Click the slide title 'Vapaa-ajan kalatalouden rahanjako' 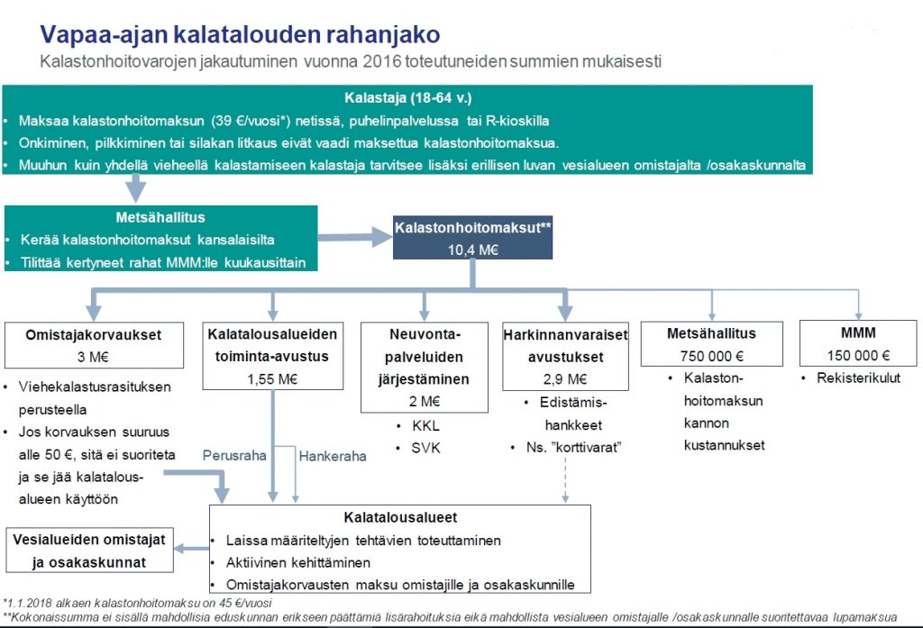240,35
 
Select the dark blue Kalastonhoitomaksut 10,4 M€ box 472,238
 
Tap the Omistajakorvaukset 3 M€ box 94,345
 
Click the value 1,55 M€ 272,379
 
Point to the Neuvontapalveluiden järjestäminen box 424,368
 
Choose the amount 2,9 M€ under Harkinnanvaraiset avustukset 565,379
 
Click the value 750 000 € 712,356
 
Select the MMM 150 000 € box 858,343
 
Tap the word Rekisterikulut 858,378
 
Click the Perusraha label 234,456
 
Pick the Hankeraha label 333,456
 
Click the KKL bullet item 425,425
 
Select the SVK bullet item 425,448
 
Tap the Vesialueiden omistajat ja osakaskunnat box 89,551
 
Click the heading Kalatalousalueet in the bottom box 400,517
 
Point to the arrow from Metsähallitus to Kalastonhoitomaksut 355,237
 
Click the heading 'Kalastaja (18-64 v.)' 408,97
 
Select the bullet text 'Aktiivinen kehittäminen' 297,562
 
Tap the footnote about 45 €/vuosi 137,604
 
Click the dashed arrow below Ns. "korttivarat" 565,479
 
